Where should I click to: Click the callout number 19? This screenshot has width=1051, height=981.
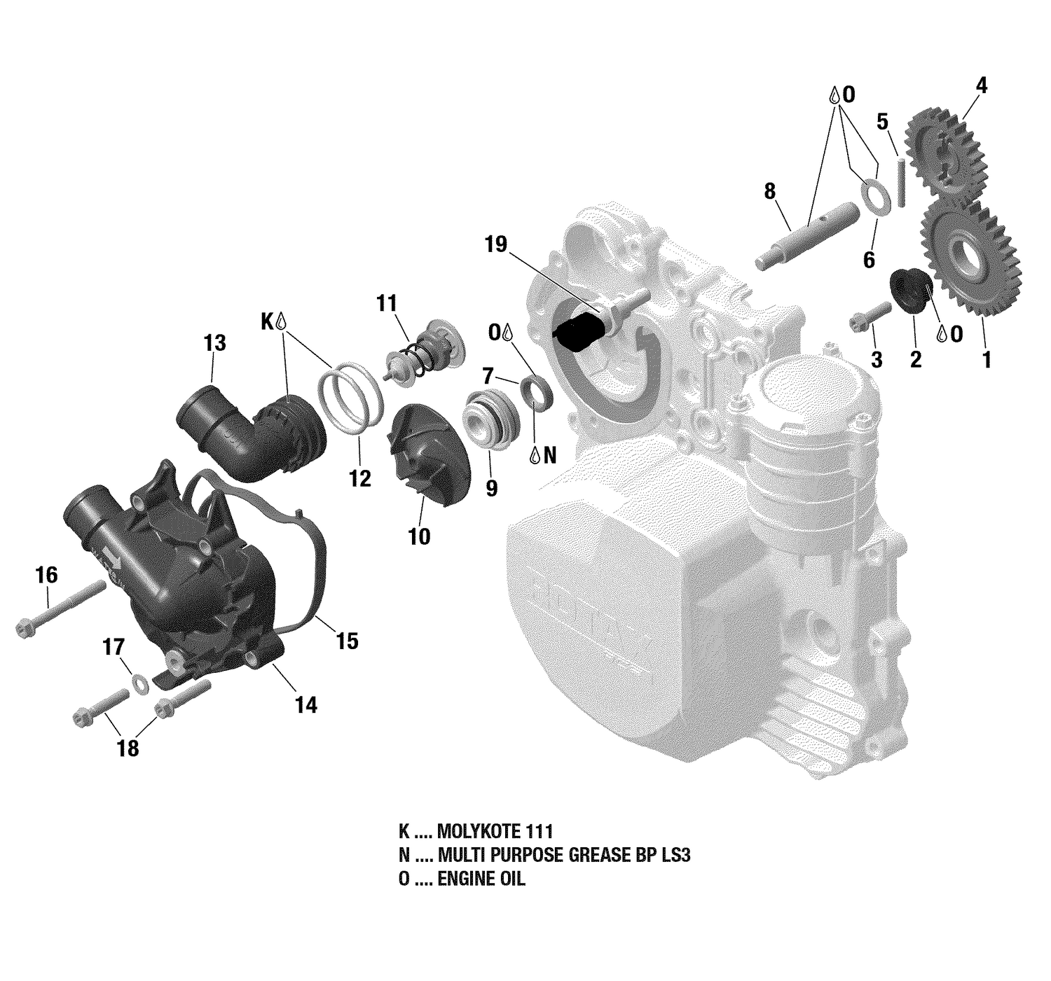(x=495, y=244)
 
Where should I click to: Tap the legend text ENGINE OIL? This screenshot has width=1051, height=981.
(x=481, y=879)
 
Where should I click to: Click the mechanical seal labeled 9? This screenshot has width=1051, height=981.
(x=492, y=419)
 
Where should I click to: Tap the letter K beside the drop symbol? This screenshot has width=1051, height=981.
(x=267, y=321)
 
